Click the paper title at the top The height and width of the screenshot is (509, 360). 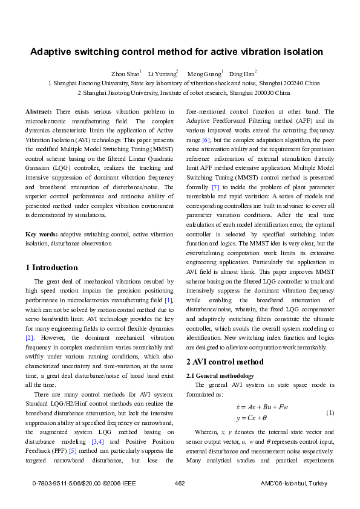click(x=177, y=52)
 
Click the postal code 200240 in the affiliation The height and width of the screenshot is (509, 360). click(x=279, y=83)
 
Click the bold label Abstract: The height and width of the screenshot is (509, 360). click(x=39, y=112)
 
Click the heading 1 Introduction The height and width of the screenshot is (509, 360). click(x=51, y=267)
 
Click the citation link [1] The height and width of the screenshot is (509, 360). click(x=169, y=300)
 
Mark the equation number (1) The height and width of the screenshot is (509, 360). click(x=330, y=412)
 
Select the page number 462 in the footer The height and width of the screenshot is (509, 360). click(x=179, y=484)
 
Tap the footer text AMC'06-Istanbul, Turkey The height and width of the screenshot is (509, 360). click(x=293, y=484)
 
